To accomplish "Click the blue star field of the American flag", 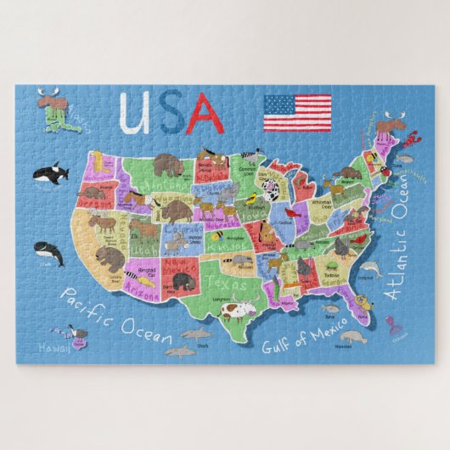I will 278,105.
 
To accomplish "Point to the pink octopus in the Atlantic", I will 391,324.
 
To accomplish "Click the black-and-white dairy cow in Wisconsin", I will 271,192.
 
